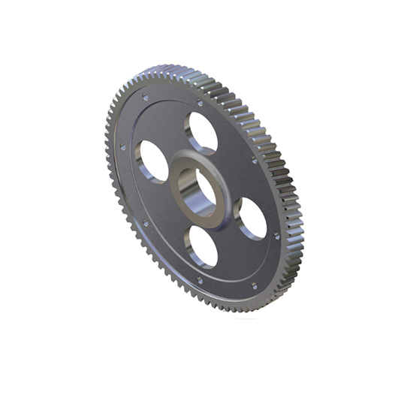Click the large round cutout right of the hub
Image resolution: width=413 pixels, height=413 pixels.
(x=252, y=218)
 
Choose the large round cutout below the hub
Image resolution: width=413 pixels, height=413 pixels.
(x=201, y=246)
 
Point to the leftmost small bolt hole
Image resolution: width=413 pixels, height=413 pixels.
(x=123, y=147)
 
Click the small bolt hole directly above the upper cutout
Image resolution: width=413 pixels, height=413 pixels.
(x=200, y=103)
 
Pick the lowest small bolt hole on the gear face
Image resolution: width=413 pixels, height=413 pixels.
(x=253, y=285)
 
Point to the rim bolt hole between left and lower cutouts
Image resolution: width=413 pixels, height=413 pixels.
(x=145, y=223)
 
